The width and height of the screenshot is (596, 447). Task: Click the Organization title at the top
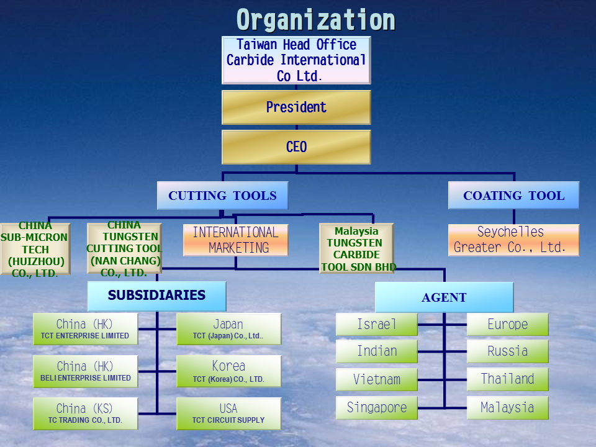pyautogui.click(x=315, y=20)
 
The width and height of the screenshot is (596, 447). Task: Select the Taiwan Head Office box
pyautogui.click(x=296, y=60)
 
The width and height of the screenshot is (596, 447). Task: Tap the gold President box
pyautogui.click(x=296, y=107)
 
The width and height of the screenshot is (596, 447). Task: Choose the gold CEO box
pyautogui.click(x=296, y=147)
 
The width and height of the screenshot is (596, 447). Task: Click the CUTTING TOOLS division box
pyautogui.click(x=222, y=196)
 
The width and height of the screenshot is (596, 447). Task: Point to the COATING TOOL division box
pyautogui.click(x=513, y=196)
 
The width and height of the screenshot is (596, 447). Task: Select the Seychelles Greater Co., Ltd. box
pyautogui.click(x=513, y=240)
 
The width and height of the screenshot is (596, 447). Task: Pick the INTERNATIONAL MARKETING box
pyautogui.click(x=236, y=240)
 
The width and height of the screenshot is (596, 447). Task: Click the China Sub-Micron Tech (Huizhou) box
pyautogui.click(x=35, y=249)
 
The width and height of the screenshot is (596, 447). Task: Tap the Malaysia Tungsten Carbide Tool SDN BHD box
pyautogui.click(x=356, y=248)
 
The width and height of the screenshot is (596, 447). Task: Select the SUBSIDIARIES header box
pyautogui.click(x=156, y=296)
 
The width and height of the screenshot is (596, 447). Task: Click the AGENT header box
pyautogui.click(x=444, y=297)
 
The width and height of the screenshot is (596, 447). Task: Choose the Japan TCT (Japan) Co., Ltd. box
pyautogui.click(x=229, y=329)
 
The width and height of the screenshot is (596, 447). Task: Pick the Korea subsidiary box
pyautogui.click(x=229, y=371)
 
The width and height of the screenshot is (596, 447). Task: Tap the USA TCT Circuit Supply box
pyautogui.click(x=229, y=413)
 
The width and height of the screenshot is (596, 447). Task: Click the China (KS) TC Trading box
pyautogui.click(x=86, y=413)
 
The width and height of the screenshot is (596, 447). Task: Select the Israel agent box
pyautogui.click(x=377, y=324)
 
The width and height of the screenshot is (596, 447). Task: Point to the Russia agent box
pyautogui.click(x=507, y=351)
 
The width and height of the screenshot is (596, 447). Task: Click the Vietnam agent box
pyautogui.click(x=377, y=379)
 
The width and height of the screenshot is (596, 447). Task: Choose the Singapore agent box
pyautogui.click(x=377, y=408)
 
